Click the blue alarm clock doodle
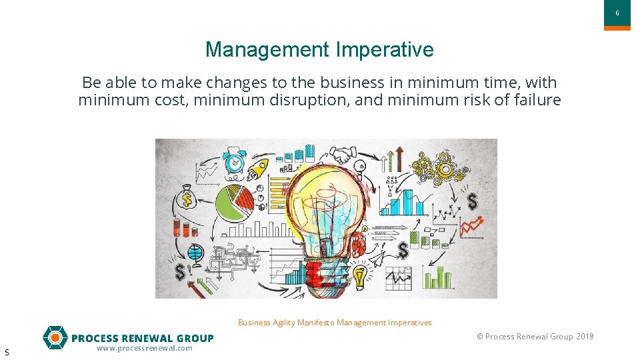coord(234,159)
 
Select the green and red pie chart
coord(233,199)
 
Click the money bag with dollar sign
coord(187,198)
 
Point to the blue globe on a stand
coord(195,253)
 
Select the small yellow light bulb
coord(360,274)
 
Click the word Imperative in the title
coord(385,50)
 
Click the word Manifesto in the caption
coord(315,323)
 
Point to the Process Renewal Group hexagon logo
coord(55,338)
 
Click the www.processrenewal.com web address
coord(144,348)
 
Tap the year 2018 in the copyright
coord(585,337)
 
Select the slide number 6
coord(617,13)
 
